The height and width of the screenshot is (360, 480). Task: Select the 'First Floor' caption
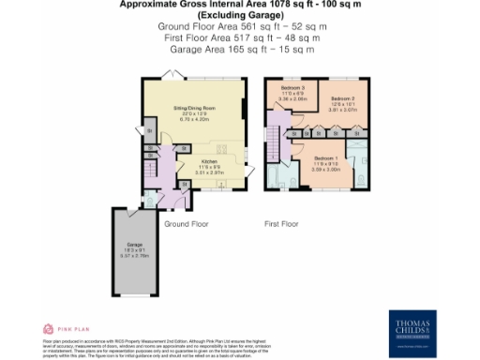pyautogui.click(x=280, y=225)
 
